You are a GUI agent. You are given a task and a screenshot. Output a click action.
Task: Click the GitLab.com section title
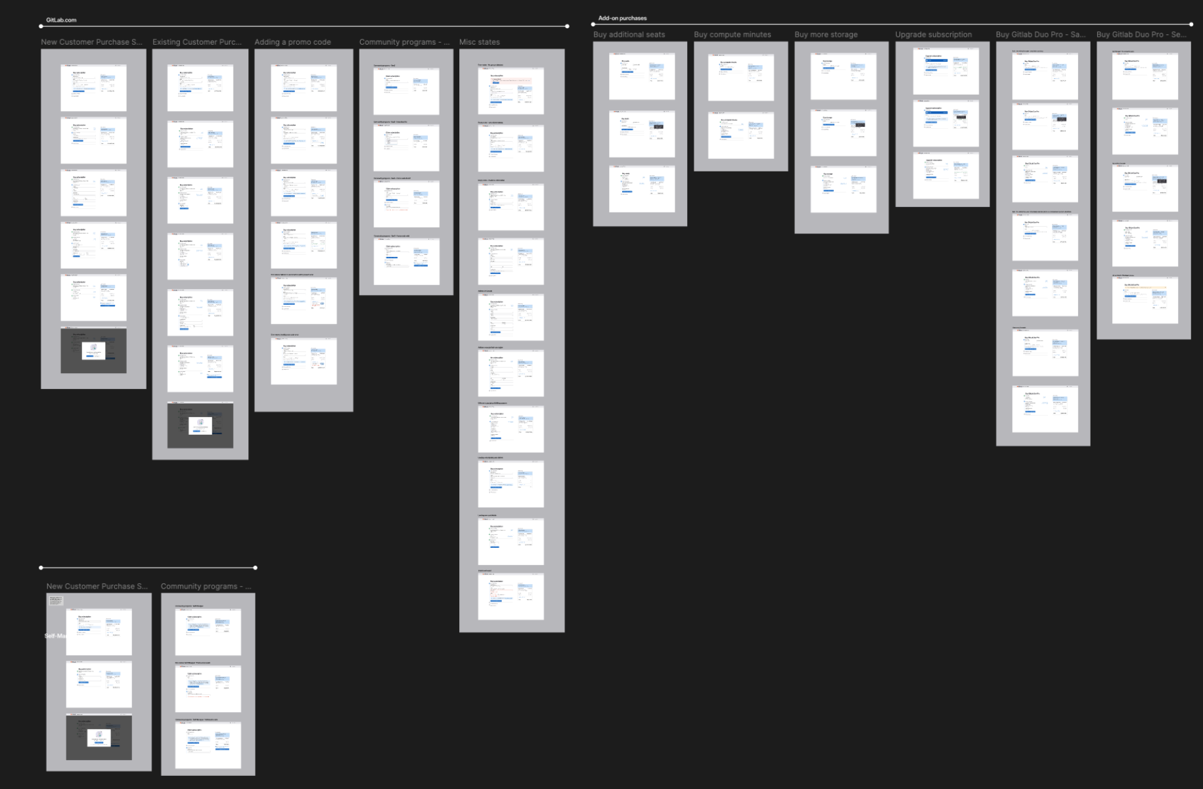61,20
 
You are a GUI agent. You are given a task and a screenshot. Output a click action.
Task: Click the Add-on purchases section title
622,18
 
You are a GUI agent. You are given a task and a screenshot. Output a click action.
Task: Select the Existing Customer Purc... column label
197,42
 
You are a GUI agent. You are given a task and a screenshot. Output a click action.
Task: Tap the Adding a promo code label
292,42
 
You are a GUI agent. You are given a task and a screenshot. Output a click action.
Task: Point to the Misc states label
480,42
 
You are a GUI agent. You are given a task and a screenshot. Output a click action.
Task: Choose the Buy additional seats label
629,35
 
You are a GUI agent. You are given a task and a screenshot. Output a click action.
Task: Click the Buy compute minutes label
732,35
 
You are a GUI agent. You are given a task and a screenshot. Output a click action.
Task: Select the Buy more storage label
826,35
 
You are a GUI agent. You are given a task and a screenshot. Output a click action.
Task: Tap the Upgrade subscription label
933,35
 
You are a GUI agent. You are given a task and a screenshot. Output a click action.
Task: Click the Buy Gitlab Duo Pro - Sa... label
1041,35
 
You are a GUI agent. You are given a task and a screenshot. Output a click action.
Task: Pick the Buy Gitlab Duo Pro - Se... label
1141,35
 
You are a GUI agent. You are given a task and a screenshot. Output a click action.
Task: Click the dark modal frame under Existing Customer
200,426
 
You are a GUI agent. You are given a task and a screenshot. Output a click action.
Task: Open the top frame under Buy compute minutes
741,78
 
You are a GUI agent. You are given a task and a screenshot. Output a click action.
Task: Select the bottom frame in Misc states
511,597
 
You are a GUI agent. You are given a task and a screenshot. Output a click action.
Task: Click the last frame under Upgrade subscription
946,176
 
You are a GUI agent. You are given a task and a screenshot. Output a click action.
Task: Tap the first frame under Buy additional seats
642,77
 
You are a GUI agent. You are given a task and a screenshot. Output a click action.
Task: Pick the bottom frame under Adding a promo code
304,361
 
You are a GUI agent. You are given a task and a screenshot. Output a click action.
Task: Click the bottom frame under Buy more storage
844,190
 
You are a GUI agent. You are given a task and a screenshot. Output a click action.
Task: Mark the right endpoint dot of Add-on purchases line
1191,24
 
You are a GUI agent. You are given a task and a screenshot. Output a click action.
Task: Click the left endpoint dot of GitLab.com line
41,26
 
